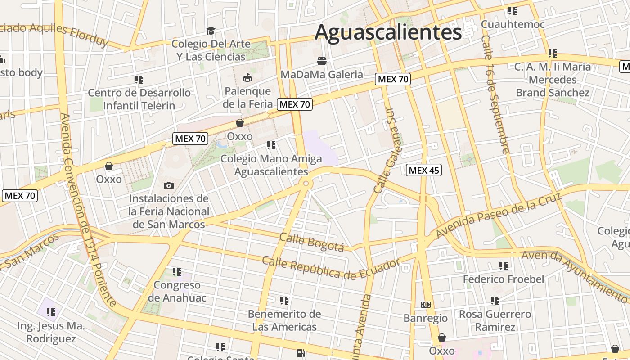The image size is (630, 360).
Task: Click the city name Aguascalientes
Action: click(x=388, y=32)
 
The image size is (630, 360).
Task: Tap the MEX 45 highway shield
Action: click(x=423, y=170)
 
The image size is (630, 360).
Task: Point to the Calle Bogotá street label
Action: click(x=311, y=242)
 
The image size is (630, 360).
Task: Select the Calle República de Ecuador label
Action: click(x=331, y=267)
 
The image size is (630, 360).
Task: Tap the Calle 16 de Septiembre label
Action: click(x=495, y=94)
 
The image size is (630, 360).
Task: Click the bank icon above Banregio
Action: click(x=425, y=305)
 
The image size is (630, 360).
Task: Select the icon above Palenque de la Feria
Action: click(x=247, y=77)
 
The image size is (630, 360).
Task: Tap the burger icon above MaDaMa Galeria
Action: click(x=321, y=60)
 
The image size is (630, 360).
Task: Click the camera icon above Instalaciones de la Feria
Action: click(x=169, y=185)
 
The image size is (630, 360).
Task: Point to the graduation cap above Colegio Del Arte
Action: click(x=211, y=31)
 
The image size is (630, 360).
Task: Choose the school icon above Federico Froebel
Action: click(x=503, y=266)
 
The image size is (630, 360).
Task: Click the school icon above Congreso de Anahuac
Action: click(x=177, y=272)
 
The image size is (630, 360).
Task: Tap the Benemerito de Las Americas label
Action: click(x=284, y=320)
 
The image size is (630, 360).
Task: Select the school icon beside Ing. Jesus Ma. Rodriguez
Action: click(x=51, y=312)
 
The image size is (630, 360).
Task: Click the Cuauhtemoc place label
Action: click(x=513, y=24)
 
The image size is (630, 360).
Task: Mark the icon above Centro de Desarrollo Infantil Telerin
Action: click(x=139, y=80)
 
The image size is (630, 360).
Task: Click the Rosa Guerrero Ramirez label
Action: click(x=495, y=320)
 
